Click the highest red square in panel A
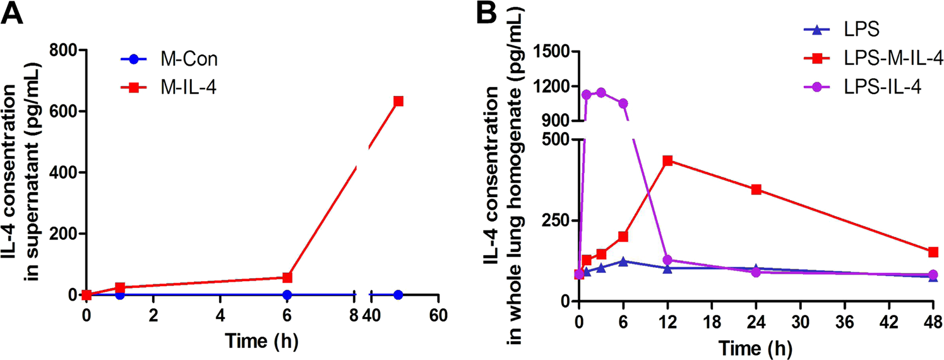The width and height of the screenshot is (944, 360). [398, 101]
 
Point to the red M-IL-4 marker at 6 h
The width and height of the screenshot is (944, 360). [287, 277]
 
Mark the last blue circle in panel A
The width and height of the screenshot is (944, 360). [398, 295]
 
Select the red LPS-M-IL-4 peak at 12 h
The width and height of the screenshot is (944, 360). [667, 160]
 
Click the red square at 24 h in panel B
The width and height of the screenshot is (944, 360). [756, 189]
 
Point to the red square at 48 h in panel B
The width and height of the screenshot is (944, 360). [933, 252]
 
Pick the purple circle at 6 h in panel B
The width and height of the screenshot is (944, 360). [623, 104]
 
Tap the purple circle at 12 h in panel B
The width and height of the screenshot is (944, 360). [667, 260]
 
